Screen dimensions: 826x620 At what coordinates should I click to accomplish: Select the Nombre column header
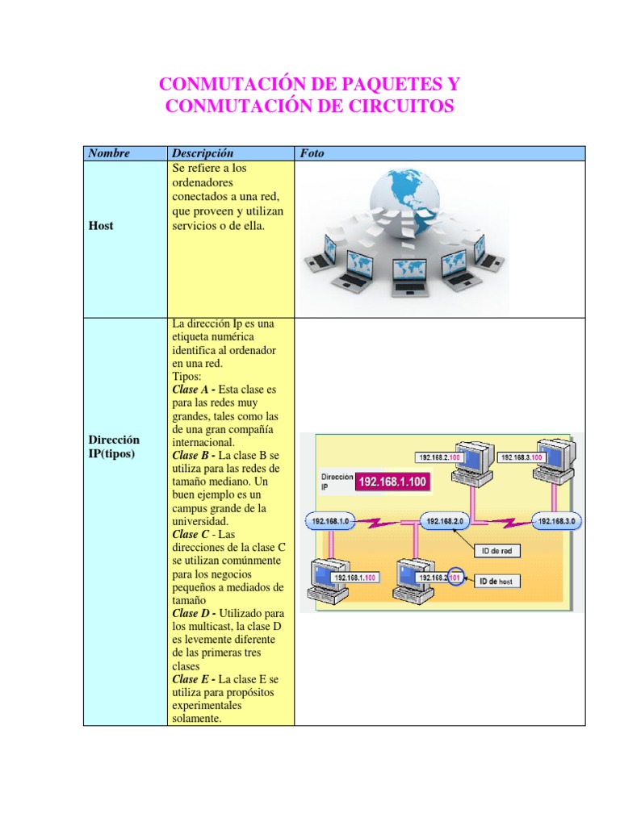click(109, 153)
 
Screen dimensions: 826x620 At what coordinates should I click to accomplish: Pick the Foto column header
click(312, 153)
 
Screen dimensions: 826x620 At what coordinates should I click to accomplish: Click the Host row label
click(101, 226)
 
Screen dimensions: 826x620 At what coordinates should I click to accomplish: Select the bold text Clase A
click(191, 389)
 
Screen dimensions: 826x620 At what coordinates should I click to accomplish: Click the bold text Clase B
click(191, 455)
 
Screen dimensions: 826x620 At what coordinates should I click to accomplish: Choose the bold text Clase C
click(191, 534)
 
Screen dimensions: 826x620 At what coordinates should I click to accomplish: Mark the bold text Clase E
click(191, 679)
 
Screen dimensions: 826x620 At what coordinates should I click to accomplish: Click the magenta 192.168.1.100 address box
click(393, 482)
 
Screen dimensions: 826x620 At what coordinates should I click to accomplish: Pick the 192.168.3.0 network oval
click(555, 522)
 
